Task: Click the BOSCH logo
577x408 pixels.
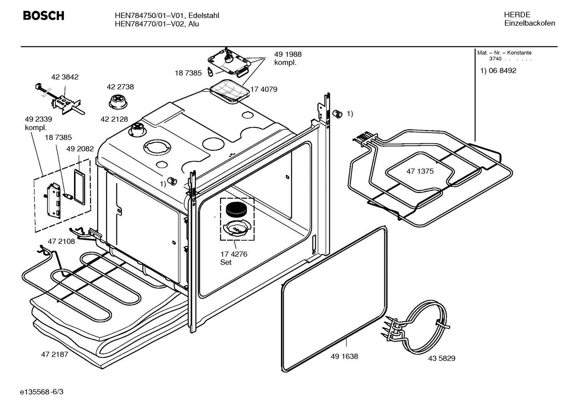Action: click(x=43, y=16)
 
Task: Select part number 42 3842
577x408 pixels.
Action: click(x=65, y=77)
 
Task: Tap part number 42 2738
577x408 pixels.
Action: click(x=120, y=87)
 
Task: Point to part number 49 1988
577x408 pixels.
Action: click(x=288, y=54)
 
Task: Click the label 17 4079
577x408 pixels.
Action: click(x=264, y=90)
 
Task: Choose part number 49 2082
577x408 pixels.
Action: click(x=80, y=149)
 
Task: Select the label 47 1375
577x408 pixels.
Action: click(x=420, y=171)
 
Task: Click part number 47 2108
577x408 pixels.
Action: click(x=61, y=241)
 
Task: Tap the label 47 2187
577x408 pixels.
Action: click(x=54, y=354)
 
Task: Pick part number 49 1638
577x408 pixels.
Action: click(x=344, y=356)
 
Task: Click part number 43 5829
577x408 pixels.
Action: click(x=441, y=358)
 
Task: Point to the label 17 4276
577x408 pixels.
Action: click(x=234, y=254)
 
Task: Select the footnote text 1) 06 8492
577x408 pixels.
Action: click(x=498, y=71)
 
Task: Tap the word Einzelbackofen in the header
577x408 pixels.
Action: click(x=529, y=23)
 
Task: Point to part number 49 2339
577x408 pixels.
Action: click(x=38, y=119)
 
